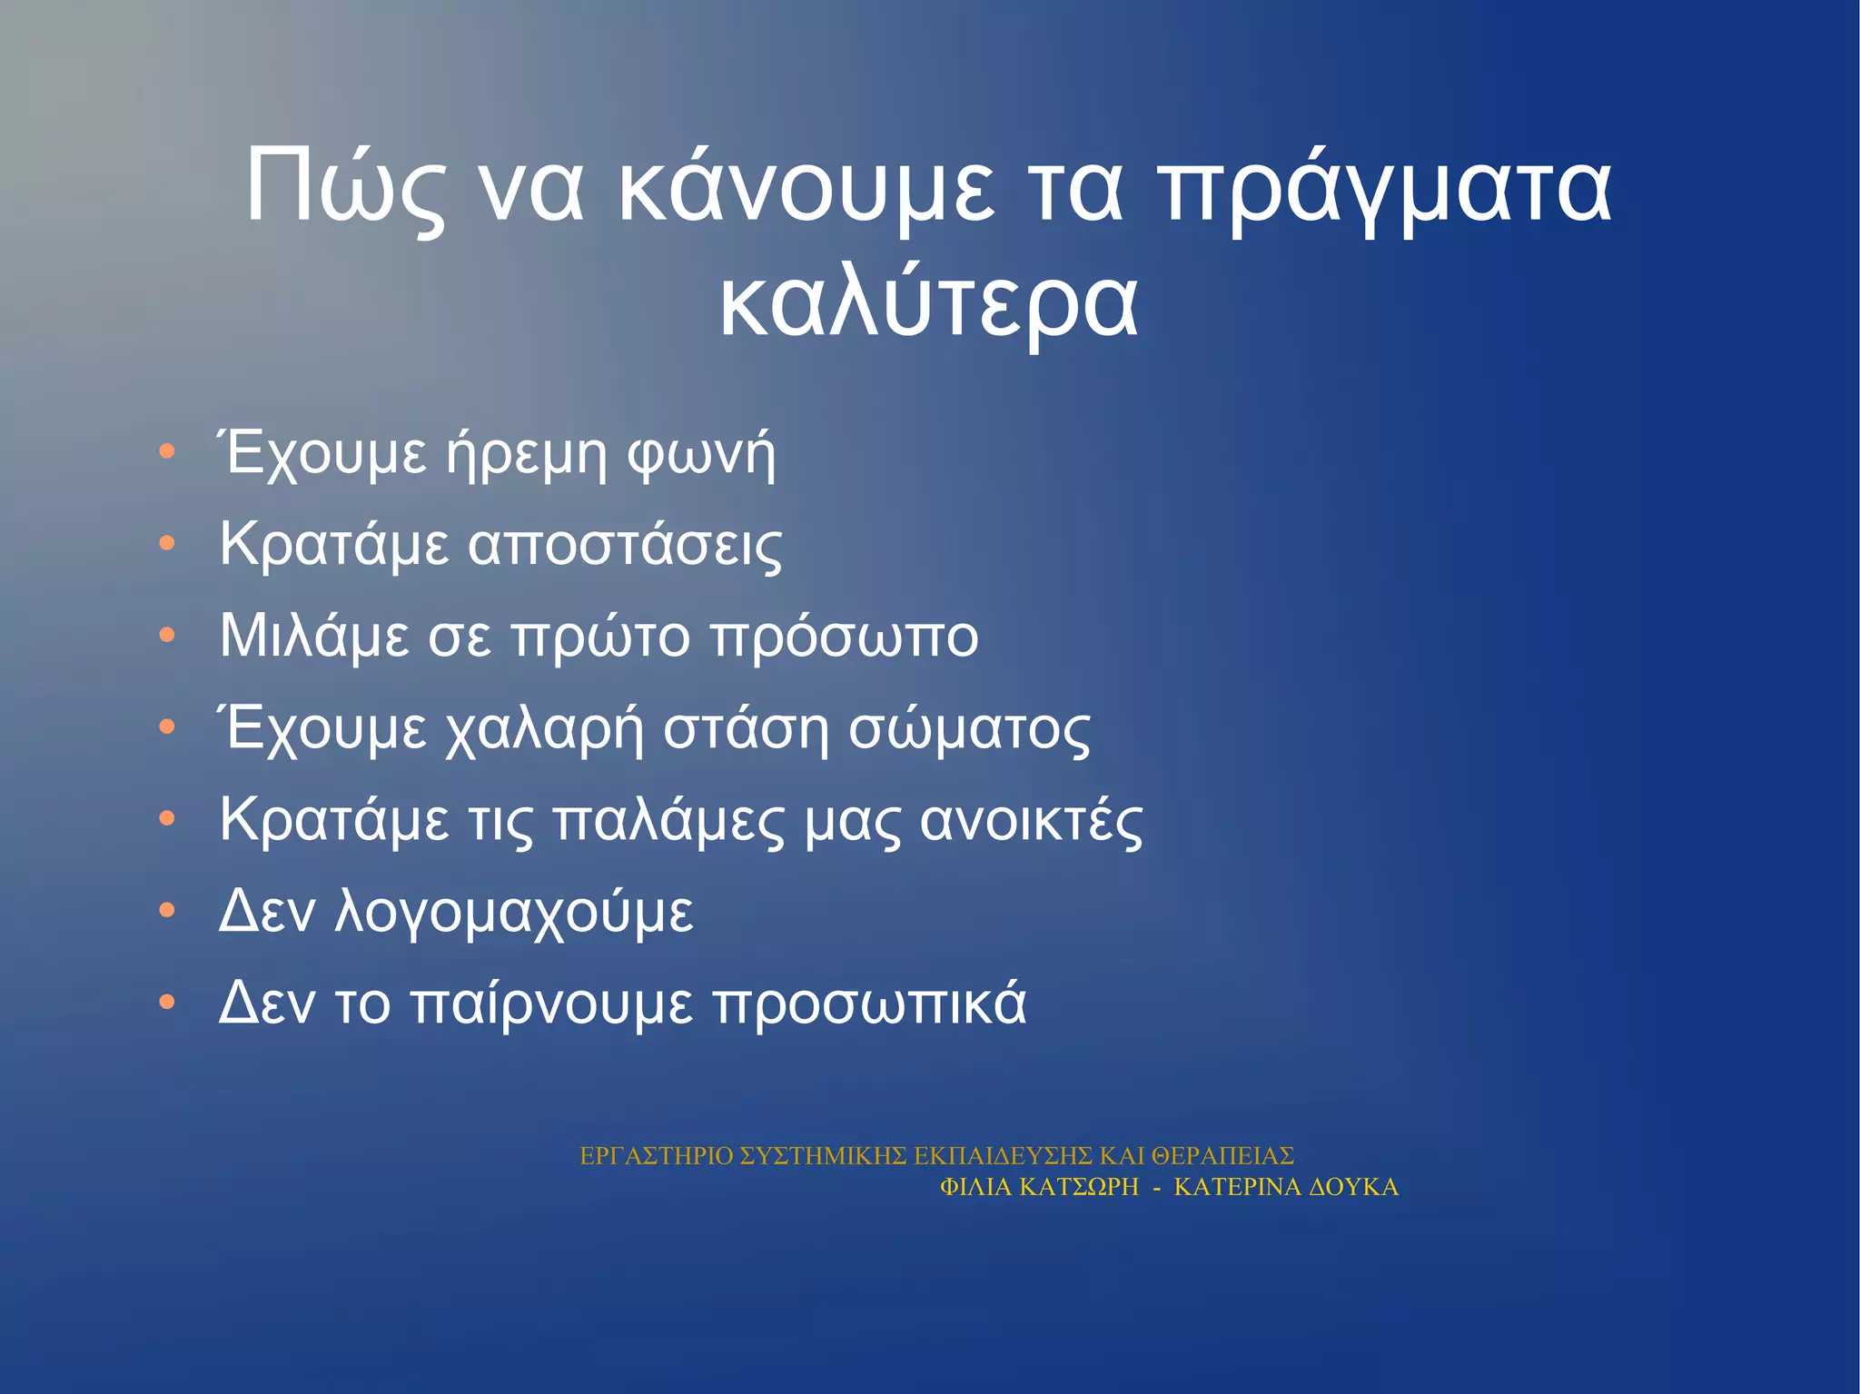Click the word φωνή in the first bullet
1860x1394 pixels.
[702, 453]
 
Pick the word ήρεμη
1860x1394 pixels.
[526, 453]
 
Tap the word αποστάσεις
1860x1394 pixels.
[625, 545]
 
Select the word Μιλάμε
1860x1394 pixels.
[314, 636]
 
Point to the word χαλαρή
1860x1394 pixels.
[544, 729]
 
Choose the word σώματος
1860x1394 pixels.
[969, 729]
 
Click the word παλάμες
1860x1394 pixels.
[668, 820]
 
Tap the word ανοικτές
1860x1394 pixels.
[1032, 820]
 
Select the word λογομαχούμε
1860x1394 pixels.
[514, 912]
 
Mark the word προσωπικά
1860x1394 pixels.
[869, 1004]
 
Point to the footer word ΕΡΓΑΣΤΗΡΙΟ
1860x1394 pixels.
[656, 1156]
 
